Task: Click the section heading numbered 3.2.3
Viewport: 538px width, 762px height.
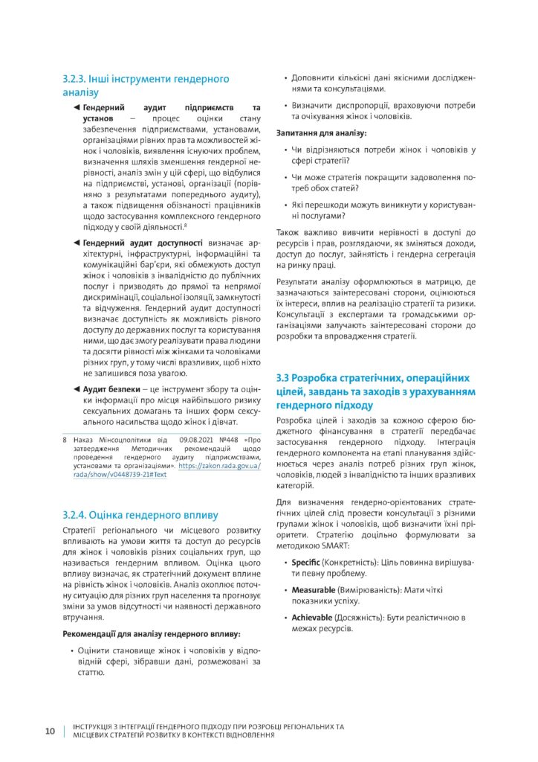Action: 146,86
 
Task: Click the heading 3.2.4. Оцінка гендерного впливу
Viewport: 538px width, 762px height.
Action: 140,514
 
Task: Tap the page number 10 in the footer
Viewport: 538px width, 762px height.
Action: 51,730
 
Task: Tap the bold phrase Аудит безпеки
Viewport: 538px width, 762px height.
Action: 111,390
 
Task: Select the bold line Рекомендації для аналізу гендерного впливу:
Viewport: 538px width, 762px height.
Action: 151,634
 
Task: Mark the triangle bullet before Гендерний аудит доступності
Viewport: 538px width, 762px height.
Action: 77,243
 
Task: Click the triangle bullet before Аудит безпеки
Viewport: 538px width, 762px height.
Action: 77,390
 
